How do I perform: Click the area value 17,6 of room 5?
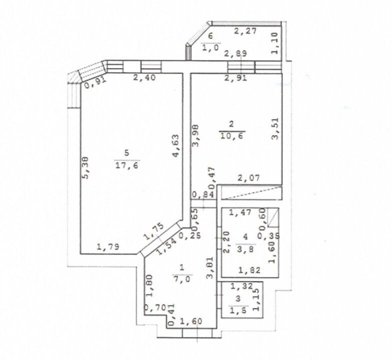pos(127,165)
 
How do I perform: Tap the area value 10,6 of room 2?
pos(232,136)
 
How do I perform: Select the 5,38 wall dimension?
pos(85,167)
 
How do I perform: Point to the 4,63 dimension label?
pos(176,146)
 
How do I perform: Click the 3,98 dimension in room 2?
pos(195,135)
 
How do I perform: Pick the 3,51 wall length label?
pos(275,128)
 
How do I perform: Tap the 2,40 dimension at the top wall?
pos(144,77)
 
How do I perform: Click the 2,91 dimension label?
pos(236,77)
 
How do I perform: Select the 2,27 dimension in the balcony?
pos(245,31)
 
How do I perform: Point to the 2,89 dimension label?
pos(235,53)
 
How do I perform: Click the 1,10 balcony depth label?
pos(275,43)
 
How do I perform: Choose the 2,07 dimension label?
pos(249,178)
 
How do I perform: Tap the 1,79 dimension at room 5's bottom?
pos(108,247)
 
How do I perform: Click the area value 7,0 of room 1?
pos(182,279)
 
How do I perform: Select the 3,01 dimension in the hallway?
pos(210,267)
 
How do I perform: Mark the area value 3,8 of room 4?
pos(246,249)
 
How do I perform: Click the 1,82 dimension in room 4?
pos(249,270)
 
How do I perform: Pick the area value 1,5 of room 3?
pos(238,310)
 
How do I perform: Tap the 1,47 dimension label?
pos(240,212)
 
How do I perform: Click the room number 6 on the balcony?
pos(211,36)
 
